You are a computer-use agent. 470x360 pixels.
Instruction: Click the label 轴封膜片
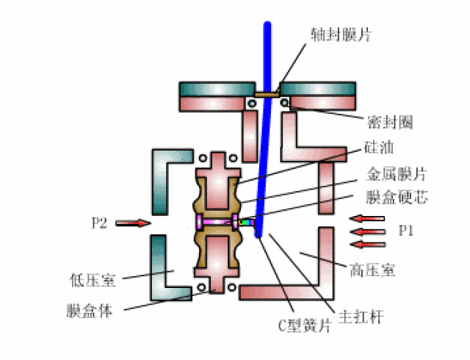(x=341, y=35)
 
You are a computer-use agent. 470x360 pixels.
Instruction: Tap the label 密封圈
(x=390, y=122)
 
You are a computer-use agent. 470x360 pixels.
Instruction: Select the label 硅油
(x=379, y=147)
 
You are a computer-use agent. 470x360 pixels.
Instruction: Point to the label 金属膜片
(x=397, y=174)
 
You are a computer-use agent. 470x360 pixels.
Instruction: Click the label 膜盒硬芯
(x=397, y=197)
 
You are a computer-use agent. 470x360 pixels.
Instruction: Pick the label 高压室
(x=372, y=270)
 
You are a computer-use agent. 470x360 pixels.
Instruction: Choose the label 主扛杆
(x=361, y=317)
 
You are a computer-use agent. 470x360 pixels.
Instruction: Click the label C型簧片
(x=305, y=325)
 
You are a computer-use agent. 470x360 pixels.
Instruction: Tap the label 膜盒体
(x=90, y=311)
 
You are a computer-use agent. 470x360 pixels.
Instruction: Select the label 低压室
(x=93, y=280)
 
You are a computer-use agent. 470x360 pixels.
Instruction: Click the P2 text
(x=99, y=223)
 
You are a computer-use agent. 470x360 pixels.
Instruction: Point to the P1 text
(x=406, y=231)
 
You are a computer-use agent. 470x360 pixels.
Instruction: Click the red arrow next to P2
(x=134, y=223)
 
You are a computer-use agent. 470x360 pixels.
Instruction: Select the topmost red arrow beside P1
(x=367, y=218)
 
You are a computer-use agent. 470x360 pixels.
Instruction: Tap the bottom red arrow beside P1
(x=368, y=245)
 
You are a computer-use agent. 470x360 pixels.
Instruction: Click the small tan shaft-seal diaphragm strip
(x=267, y=94)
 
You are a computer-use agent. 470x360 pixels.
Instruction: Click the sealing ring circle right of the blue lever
(x=284, y=103)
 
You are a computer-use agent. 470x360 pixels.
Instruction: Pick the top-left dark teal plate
(x=217, y=89)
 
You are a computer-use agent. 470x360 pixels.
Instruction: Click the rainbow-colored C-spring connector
(x=246, y=223)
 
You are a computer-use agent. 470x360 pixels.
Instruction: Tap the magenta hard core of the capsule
(x=217, y=222)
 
